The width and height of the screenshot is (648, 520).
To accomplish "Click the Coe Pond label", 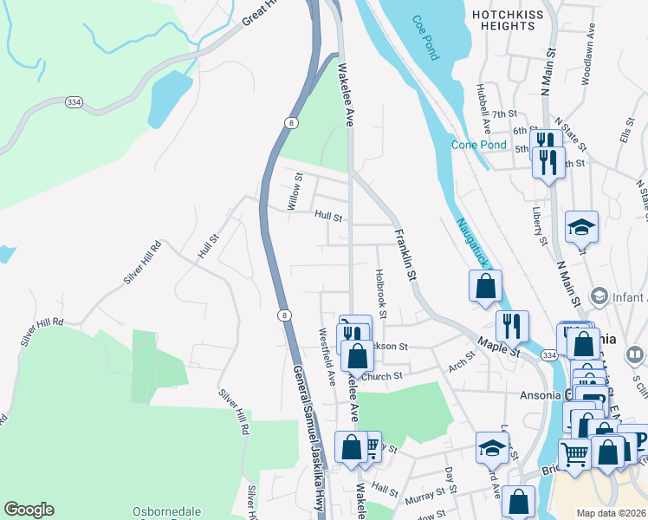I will [426, 37].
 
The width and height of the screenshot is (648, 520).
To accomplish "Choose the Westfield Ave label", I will [327, 356].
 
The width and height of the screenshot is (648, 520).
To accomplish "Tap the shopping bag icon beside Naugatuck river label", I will [486, 287].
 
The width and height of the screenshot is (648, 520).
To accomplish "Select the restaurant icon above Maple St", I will [512, 327].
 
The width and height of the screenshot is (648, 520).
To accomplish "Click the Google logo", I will [29, 510].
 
